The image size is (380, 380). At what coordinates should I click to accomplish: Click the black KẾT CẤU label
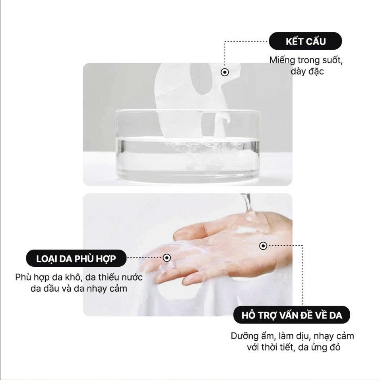tap(305, 41)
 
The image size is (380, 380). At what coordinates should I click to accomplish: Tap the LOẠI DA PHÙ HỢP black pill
tap(76, 258)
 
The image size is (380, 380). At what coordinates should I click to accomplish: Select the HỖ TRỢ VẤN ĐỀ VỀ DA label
tap(291, 315)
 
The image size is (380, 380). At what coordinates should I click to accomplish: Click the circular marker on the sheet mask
tap(225, 72)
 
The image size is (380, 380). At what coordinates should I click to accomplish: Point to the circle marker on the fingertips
tap(167, 258)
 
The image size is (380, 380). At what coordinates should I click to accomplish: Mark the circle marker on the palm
tap(263, 246)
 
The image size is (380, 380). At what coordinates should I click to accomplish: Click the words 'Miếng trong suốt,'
tap(306, 60)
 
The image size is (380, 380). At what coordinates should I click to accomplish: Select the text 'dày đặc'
tap(307, 71)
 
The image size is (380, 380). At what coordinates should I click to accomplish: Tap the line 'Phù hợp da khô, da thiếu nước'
tap(79, 277)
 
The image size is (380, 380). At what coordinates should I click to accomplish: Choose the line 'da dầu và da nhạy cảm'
tap(79, 289)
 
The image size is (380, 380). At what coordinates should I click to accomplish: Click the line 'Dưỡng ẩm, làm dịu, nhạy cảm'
tap(292, 336)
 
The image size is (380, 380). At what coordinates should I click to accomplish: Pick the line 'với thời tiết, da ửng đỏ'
tap(293, 347)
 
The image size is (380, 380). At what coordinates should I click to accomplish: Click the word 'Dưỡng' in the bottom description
tap(244, 336)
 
